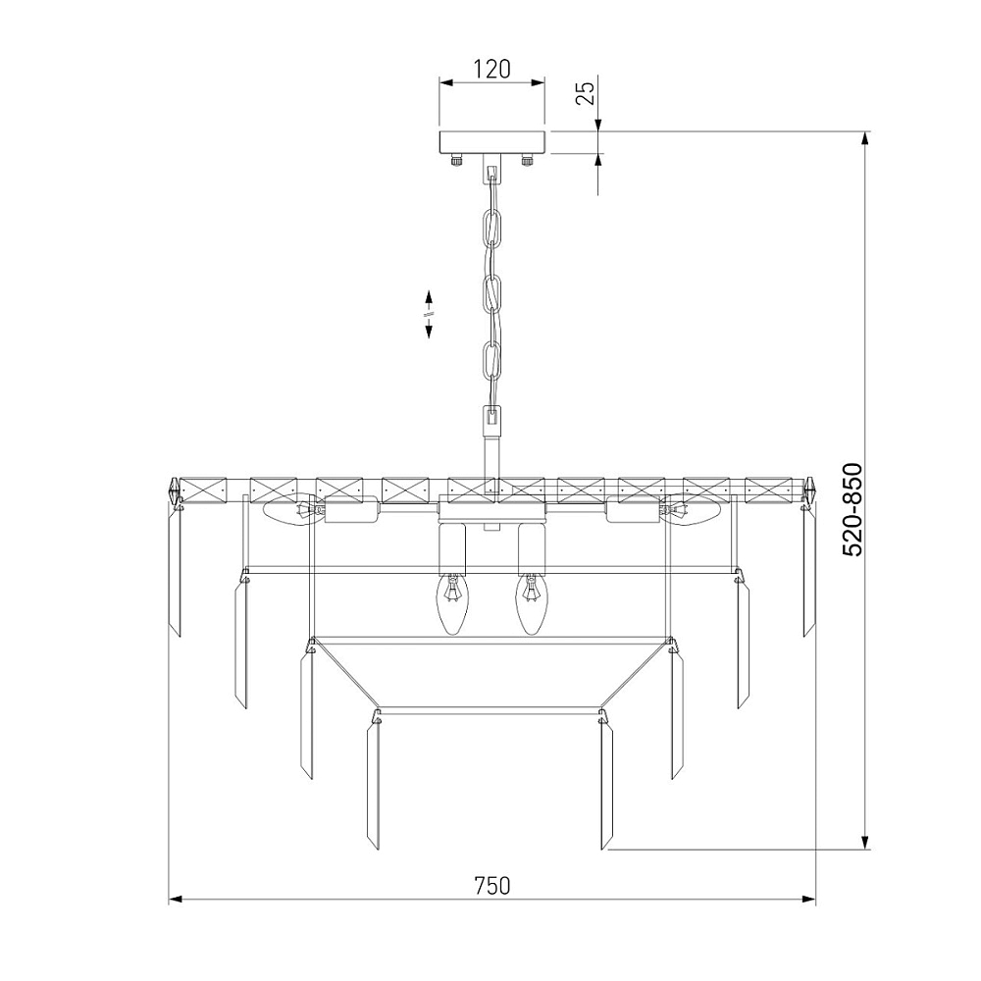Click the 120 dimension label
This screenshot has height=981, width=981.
point(491,69)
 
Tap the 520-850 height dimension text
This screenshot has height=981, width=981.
point(852,509)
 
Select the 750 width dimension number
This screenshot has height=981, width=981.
point(491,885)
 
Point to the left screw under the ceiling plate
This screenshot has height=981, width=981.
point(456,160)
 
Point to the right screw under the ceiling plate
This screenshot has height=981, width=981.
point(527,160)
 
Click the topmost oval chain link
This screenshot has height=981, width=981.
point(492,228)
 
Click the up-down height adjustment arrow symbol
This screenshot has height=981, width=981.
point(430,314)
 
